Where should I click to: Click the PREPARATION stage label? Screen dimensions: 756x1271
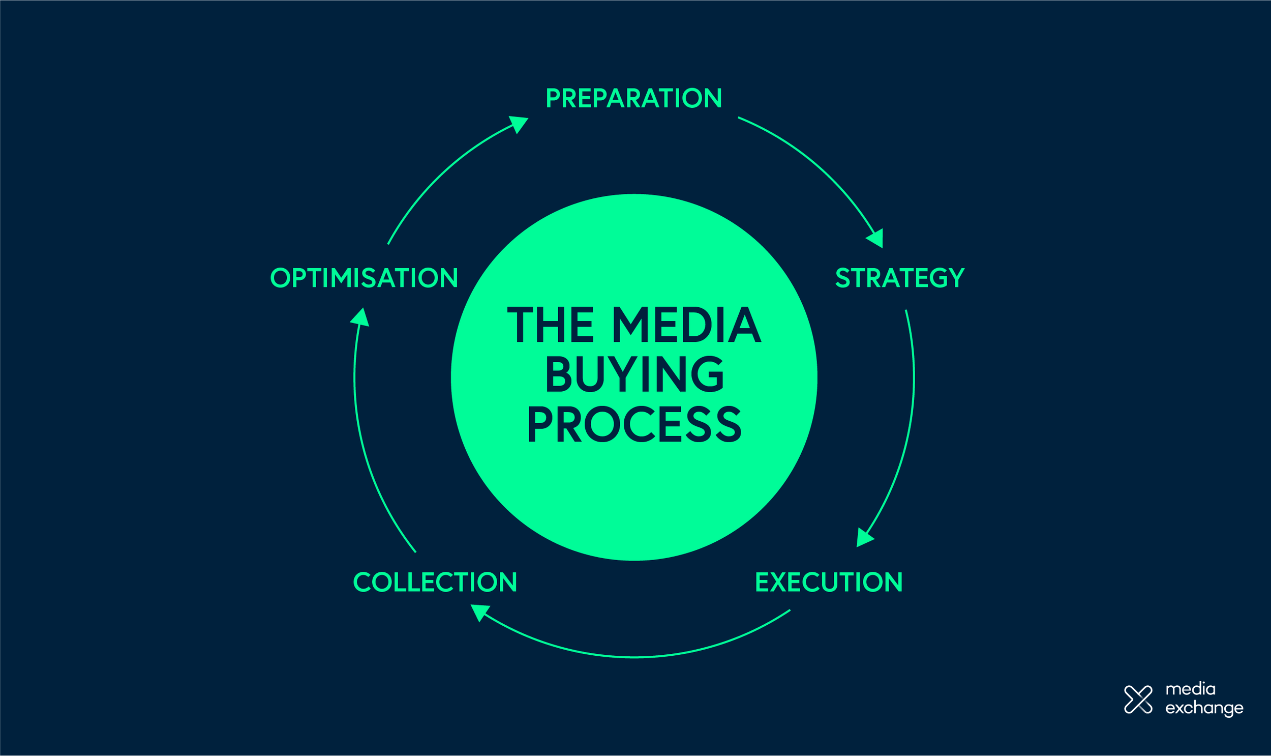(633, 98)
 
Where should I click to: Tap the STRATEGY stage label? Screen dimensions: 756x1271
(900, 278)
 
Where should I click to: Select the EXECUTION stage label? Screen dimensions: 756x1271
(829, 582)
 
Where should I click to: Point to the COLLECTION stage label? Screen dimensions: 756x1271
(435, 582)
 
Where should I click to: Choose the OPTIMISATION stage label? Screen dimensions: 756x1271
(365, 278)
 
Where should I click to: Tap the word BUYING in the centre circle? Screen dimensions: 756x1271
(634, 374)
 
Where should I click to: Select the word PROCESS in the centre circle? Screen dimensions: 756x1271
(634, 424)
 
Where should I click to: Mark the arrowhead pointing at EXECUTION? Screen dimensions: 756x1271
(863, 538)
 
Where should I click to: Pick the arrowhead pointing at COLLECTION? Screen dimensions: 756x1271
(479, 612)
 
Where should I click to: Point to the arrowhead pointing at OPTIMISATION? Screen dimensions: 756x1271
(360, 318)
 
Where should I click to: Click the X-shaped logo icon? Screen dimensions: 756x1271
(1138, 700)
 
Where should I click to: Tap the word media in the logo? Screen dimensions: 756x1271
(1191, 689)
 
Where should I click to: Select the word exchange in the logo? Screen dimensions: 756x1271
(1204, 708)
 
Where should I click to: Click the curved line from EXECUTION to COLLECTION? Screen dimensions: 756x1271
(634, 657)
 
